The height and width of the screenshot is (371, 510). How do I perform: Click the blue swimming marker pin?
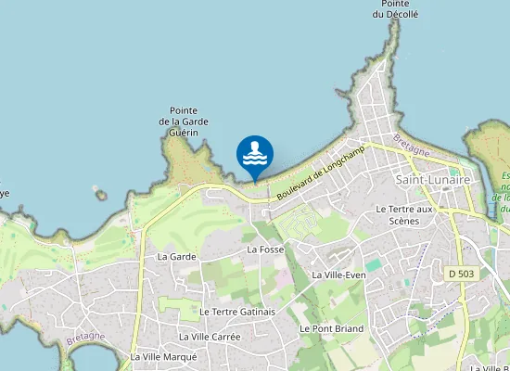255,155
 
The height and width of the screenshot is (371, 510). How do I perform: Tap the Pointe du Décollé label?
396,9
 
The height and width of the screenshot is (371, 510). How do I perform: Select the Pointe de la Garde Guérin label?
184,122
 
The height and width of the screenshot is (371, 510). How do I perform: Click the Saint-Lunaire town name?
432,179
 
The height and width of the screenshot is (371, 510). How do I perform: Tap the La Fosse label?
265,249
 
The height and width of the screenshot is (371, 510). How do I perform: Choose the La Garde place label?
176,256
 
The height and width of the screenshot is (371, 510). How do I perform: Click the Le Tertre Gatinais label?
237,312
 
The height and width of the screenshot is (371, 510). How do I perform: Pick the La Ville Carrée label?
210,336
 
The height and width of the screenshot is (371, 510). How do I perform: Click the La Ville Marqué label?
163,356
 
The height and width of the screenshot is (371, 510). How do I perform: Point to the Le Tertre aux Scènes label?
404,215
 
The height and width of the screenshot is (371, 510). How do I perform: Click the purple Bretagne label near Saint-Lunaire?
411,145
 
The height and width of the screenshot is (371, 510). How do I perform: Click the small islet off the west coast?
99,196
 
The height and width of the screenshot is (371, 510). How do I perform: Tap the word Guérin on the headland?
184,133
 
